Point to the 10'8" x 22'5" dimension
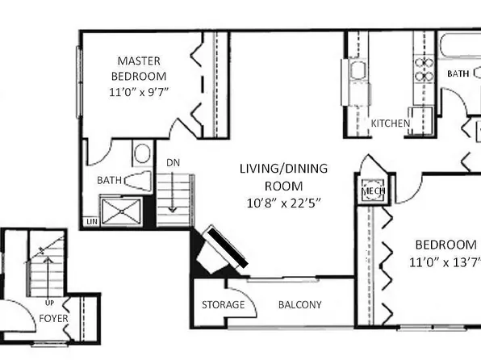tap(281, 202)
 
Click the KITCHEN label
tap(391, 123)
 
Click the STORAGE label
tap(223, 305)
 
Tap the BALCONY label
tap(300, 305)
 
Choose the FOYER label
tap(53, 318)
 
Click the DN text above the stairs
tap(174, 162)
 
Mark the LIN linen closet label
tap(93, 221)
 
